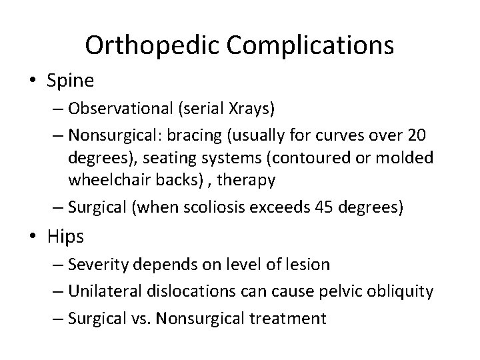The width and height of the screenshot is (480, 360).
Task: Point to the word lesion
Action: (306, 265)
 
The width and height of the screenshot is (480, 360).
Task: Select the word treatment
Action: (292, 318)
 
